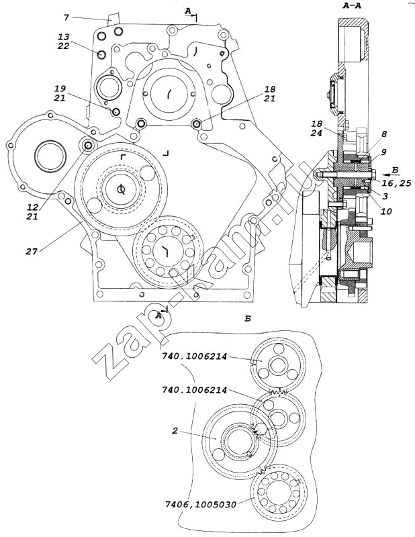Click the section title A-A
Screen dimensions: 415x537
click(352, 6)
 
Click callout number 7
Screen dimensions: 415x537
click(66, 17)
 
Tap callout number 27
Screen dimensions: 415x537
click(32, 251)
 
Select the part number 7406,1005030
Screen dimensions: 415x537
click(201, 505)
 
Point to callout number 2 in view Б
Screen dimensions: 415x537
click(175, 430)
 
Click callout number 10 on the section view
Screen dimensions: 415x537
click(386, 211)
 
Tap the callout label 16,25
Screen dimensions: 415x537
click(396, 183)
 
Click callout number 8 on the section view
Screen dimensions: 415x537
click(384, 134)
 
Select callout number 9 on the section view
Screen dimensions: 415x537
click(384, 151)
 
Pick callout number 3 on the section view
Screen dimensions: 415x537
click(385, 196)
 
